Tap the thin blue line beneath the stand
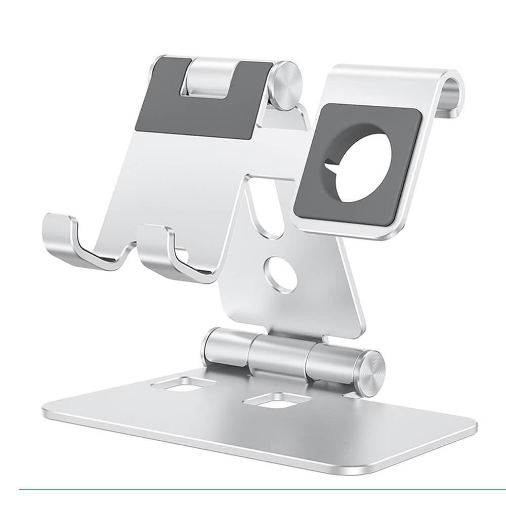click(253, 489)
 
